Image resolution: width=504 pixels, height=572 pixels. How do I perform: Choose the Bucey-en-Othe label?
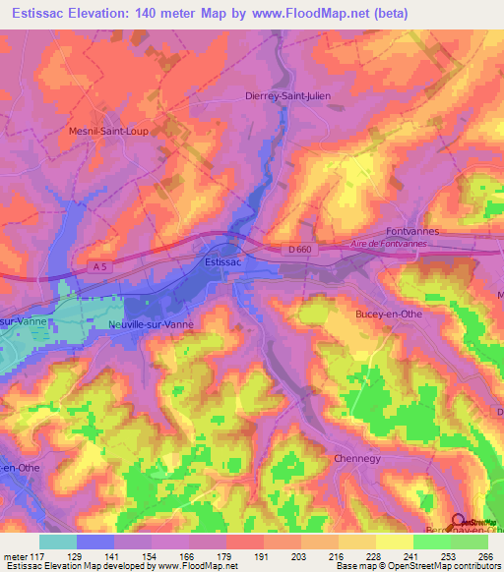click(388, 315)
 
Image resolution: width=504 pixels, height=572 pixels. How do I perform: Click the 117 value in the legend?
click(38, 555)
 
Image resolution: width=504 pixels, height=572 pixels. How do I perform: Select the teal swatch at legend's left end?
click(58, 542)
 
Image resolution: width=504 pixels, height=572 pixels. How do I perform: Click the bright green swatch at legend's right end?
click(470, 542)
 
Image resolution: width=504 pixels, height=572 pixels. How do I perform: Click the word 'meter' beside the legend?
click(14, 555)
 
